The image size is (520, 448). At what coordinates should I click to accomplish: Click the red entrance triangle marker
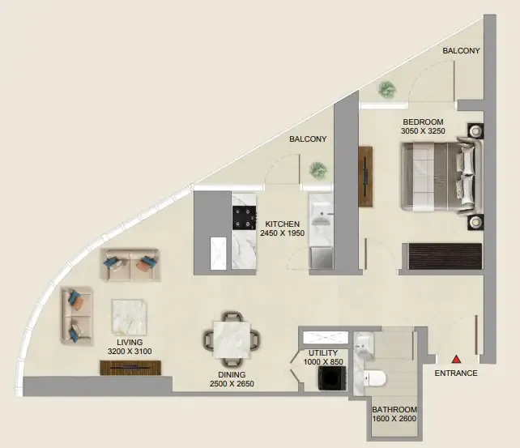click(x=457, y=359)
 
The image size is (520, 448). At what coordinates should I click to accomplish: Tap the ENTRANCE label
click(x=456, y=373)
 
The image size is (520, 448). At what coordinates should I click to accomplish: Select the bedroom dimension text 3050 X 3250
click(x=423, y=131)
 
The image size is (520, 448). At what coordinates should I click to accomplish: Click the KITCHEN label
click(x=282, y=224)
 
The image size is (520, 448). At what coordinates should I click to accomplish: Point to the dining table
click(x=232, y=339)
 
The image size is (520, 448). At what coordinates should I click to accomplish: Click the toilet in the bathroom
click(x=375, y=378)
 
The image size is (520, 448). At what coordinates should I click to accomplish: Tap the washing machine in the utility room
click(x=332, y=378)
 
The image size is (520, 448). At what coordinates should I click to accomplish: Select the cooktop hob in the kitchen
click(x=245, y=218)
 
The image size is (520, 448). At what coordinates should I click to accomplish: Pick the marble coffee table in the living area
click(x=130, y=318)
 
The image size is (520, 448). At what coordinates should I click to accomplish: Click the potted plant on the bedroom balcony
click(x=386, y=90)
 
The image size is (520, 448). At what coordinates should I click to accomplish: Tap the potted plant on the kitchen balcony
click(x=318, y=170)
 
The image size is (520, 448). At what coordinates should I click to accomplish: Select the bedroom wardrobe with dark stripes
click(x=445, y=256)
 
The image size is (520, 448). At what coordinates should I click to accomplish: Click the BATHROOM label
click(x=394, y=410)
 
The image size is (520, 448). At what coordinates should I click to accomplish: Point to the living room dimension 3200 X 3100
click(x=130, y=351)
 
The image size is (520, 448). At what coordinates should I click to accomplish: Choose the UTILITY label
click(x=323, y=353)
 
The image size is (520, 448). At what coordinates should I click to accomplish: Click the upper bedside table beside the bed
click(x=475, y=131)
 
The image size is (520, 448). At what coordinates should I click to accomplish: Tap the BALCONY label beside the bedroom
click(x=461, y=51)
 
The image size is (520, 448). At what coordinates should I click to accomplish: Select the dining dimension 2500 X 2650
click(x=232, y=384)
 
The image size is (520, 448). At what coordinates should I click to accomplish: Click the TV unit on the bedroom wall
click(x=365, y=177)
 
